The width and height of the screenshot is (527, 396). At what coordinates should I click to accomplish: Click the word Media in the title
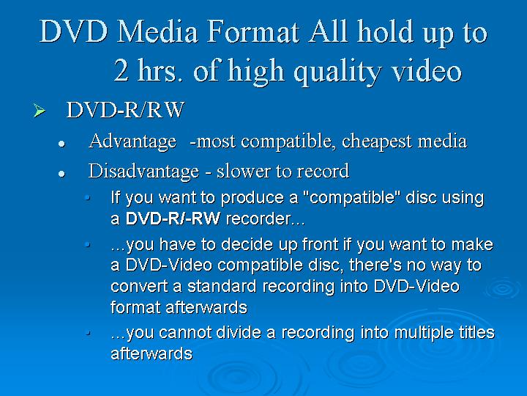pyautogui.click(x=157, y=32)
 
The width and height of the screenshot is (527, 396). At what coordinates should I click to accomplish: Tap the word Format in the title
pyautogui.click(x=253, y=32)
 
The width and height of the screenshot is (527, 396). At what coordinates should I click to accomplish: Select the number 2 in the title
pyautogui.click(x=121, y=70)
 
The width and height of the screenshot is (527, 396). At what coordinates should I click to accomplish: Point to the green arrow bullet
pyautogui.click(x=40, y=111)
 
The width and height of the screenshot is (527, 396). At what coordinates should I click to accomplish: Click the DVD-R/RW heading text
pyautogui.click(x=125, y=110)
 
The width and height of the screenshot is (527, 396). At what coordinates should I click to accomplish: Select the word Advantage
pyautogui.click(x=132, y=142)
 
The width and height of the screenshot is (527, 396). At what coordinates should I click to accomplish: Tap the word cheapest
pyautogui.click(x=377, y=142)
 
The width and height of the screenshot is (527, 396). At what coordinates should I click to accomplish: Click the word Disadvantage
pyautogui.click(x=143, y=171)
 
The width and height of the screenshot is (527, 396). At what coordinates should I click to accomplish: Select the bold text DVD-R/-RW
pyautogui.click(x=173, y=219)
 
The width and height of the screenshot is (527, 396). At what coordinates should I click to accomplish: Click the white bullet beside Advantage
pyautogui.click(x=61, y=144)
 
